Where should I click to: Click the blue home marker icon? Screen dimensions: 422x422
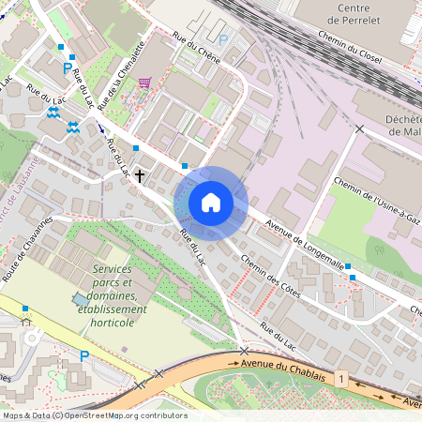point(211,203)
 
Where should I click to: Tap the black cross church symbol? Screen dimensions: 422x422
point(140,174)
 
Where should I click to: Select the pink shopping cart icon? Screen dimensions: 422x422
point(144,83)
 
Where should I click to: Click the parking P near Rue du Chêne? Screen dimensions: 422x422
point(222,40)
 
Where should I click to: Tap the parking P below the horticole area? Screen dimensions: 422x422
point(83,355)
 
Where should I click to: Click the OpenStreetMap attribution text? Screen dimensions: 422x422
point(95,415)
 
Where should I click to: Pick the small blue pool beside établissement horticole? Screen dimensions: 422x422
point(78,298)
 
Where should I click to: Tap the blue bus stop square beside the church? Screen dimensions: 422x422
point(136,148)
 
